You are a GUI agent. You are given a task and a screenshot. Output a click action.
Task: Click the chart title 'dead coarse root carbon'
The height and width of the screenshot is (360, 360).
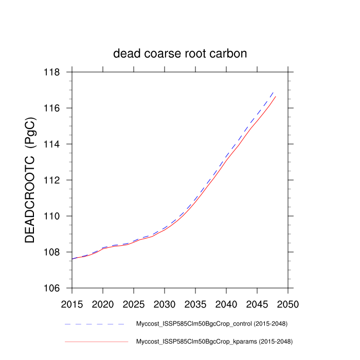pos(180,53)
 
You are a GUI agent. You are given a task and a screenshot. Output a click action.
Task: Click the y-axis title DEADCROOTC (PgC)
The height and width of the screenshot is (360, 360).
pos(30,180)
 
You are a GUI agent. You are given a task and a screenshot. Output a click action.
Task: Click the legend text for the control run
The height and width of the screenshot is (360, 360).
pos(211,324)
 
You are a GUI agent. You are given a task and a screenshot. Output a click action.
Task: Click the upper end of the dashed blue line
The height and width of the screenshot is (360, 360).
pos(273,92)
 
